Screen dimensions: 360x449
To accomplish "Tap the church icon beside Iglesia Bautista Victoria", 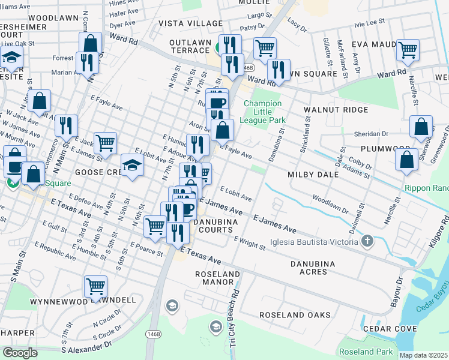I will (x=367, y=242).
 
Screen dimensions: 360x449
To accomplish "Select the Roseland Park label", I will (x=366, y=352).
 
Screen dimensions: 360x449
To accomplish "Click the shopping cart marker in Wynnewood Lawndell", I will (x=95, y=287).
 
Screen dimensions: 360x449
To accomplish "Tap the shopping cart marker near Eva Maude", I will (x=408, y=50).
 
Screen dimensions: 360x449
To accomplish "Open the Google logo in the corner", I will (x=20, y=353).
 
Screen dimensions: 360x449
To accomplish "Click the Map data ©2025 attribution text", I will (x=424, y=355).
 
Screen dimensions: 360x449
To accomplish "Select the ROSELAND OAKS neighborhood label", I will (x=295, y=315).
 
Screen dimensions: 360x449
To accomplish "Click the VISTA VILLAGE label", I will (x=182, y=23).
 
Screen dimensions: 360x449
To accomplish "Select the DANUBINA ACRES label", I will (x=317, y=268).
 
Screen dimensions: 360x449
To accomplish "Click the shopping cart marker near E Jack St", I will (x=105, y=143).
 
